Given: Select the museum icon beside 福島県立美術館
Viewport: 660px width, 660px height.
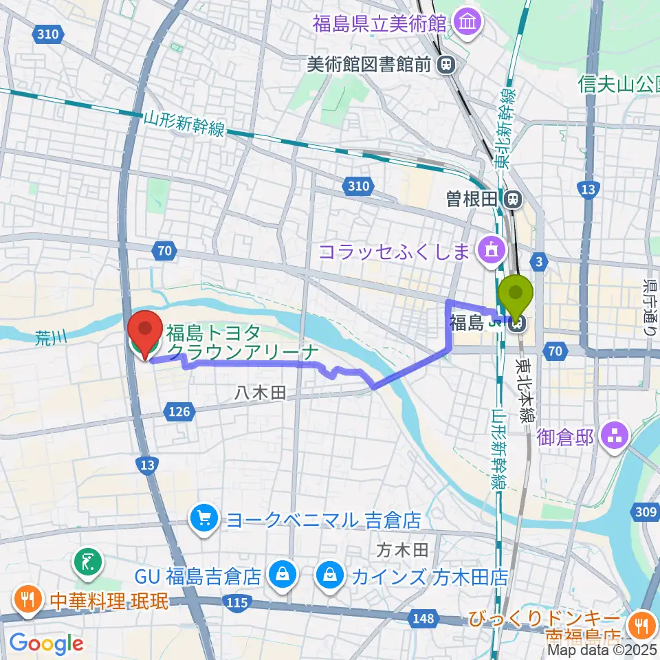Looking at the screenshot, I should pos(467,24).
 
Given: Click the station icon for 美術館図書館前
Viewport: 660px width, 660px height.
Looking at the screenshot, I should pos(447,65).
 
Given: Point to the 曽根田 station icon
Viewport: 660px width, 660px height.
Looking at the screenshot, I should pos(511,199).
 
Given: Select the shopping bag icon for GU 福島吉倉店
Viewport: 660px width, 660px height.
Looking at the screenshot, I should pos(281,573).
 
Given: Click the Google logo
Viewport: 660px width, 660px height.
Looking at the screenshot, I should pos(47,643).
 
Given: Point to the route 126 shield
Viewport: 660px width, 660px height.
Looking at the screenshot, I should pos(177,411).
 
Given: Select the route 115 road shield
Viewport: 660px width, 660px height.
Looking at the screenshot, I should pos(236,602).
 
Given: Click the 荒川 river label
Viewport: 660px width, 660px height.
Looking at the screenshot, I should pos(51,337).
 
